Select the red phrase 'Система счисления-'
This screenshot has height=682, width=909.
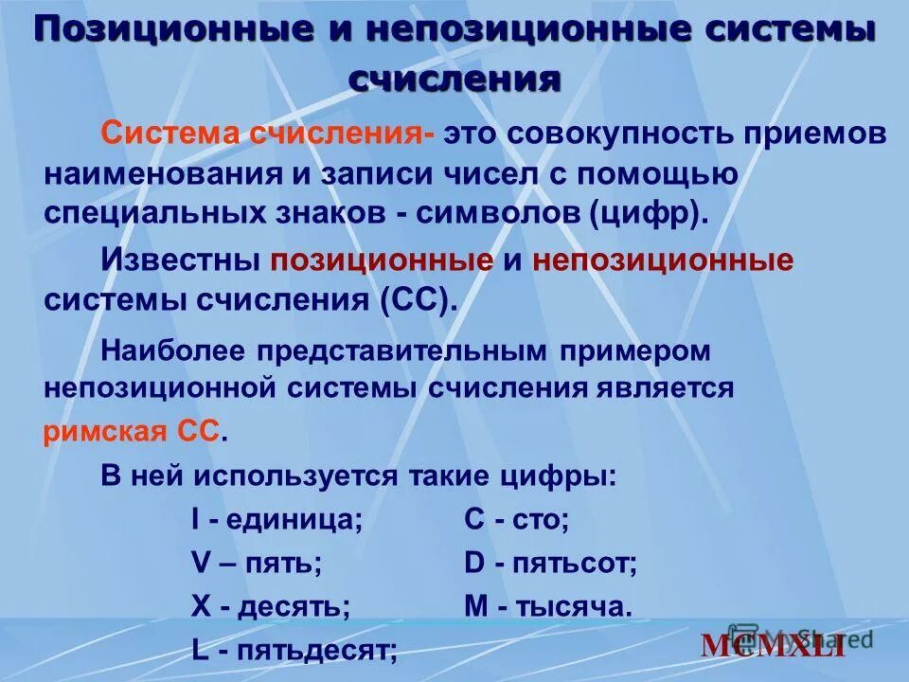269,134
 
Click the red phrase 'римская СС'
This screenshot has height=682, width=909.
132,433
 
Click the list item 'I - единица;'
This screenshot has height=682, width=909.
276,519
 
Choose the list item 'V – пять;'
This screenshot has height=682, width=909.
256,564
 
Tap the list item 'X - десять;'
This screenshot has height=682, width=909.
270,607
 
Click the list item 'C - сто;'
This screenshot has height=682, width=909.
516,519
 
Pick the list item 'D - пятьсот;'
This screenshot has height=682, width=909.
550,564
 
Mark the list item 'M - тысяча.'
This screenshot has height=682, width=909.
547,607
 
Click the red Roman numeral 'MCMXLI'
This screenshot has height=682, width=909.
773,646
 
